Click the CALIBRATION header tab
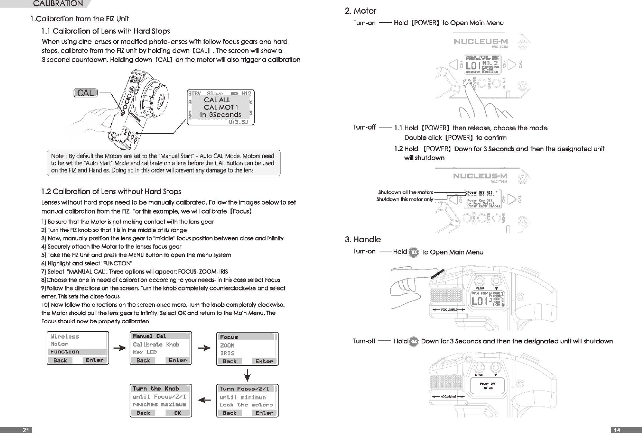click(x=58, y=4)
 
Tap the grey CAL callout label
click(x=86, y=93)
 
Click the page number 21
click(x=25, y=430)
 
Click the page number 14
click(x=617, y=430)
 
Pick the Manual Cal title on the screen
click(x=149, y=336)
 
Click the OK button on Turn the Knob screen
click(x=178, y=413)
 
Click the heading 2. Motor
click(x=360, y=11)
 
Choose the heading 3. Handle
click(x=362, y=239)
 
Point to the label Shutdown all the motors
click(x=405, y=192)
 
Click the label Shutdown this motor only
click(x=404, y=199)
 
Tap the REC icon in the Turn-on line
click(x=413, y=252)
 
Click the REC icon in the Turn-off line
click(x=413, y=341)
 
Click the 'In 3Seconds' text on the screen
click(x=220, y=115)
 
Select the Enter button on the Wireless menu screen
click(x=94, y=360)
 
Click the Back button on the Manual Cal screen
click(x=143, y=360)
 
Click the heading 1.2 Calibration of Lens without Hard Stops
click(x=111, y=191)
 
